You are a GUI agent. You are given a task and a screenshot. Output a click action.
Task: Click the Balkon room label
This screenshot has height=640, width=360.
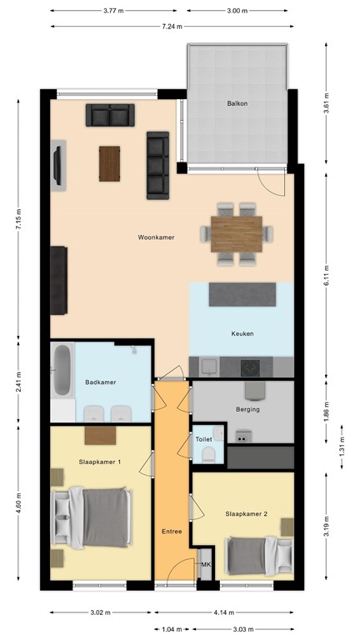[237, 104]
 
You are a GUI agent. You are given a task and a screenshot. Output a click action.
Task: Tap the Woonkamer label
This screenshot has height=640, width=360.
[156, 237]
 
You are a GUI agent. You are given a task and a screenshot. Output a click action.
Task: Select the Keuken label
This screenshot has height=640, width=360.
[242, 334]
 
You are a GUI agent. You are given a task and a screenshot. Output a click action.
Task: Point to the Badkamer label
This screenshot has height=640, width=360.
[100, 382]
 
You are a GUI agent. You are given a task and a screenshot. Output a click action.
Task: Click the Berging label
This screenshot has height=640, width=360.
[247, 410]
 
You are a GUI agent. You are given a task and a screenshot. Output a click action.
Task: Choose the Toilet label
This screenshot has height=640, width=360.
[203, 438]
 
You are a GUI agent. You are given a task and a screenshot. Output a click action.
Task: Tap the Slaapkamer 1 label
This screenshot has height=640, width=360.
[100, 462]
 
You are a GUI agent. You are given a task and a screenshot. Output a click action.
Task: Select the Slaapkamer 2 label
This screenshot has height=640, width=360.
[246, 514]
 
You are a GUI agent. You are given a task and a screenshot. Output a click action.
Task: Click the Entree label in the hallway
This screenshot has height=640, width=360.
[172, 531]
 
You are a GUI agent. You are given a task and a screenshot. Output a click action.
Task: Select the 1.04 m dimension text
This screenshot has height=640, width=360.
[172, 630]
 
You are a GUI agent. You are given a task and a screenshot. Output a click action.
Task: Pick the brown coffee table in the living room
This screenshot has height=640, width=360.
[109, 163]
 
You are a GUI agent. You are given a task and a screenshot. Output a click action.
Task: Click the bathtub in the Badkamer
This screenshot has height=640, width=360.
[62, 372]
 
